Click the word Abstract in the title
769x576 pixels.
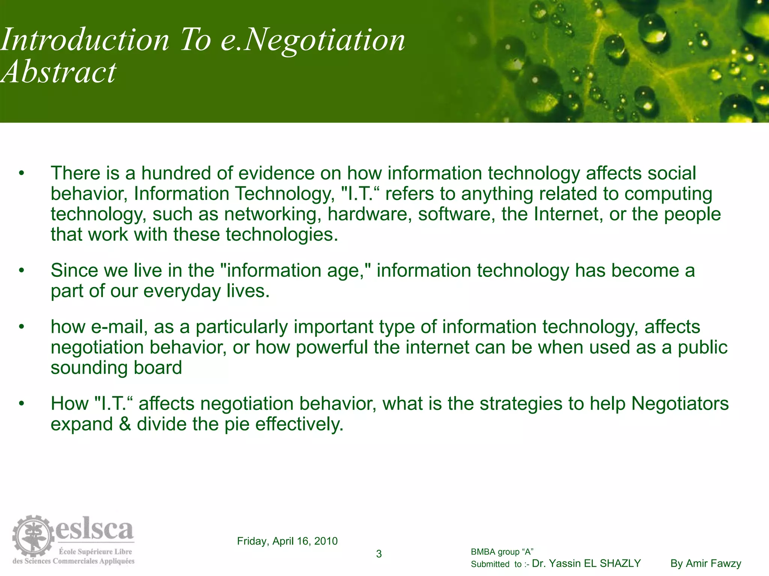click(59, 72)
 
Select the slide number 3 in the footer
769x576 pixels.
click(379, 554)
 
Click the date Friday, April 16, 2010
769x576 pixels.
click(287, 541)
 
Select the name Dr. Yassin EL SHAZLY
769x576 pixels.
click(587, 564)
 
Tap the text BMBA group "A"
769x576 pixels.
click(502, 552)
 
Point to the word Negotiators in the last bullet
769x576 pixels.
click(680, 404)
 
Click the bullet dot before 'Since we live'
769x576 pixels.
click(22, 270)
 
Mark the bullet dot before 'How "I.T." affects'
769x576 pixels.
click(22, 404)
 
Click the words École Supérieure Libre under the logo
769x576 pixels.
click(95, 552)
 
